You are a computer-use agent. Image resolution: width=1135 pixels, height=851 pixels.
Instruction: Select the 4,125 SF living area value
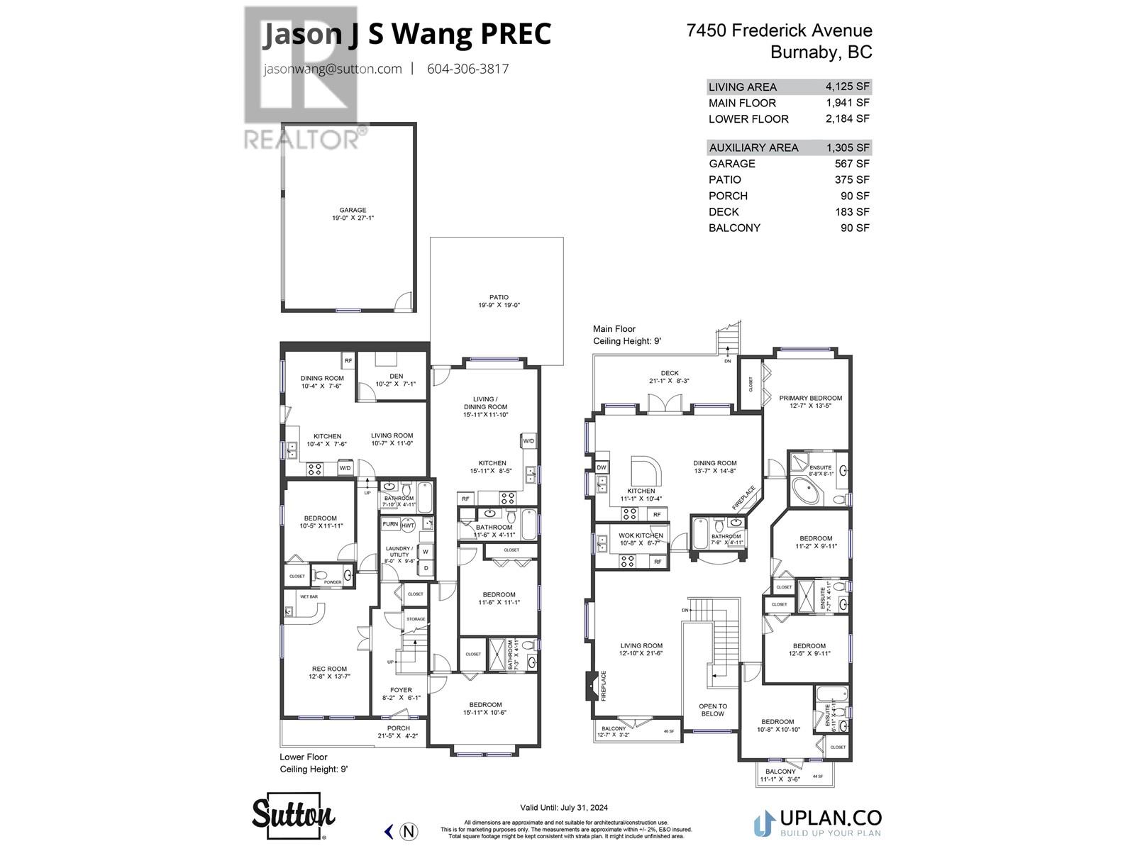(x=847, y=87)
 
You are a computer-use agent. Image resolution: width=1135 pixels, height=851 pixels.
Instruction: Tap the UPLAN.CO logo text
(x=831, y=818)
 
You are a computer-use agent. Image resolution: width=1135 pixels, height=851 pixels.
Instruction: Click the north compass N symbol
(x=409, y=831)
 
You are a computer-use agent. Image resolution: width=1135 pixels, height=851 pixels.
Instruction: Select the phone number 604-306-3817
(x=467, y=69)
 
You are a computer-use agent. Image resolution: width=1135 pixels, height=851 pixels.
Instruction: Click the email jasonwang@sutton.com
(x=332, y=69)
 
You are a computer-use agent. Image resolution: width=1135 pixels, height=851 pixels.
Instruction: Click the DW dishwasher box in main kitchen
(x=602, y=467)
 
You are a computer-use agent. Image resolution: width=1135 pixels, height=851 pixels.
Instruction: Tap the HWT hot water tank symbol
(x=408, y=525)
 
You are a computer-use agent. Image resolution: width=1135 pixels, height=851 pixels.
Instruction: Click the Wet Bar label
(x=309, y=597)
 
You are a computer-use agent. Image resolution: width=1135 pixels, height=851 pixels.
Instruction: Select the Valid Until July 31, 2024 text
(x=564, y=807)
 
